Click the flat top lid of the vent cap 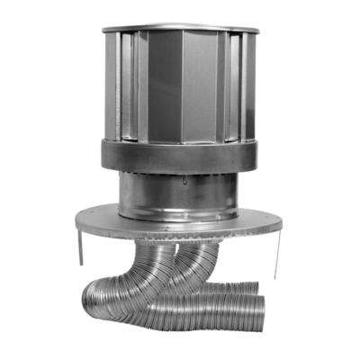pyautogui.click(x=180, y=28)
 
